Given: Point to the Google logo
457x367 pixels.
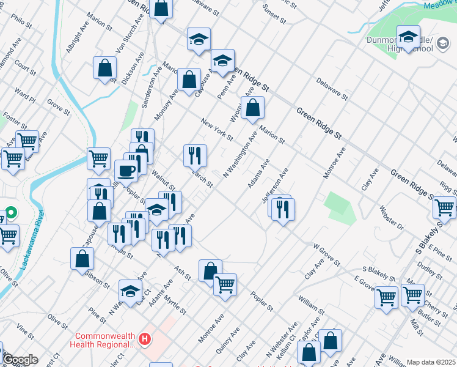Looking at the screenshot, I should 20,360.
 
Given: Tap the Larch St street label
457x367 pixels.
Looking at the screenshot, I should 202,179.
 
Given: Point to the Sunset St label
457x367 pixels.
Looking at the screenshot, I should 274,12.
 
